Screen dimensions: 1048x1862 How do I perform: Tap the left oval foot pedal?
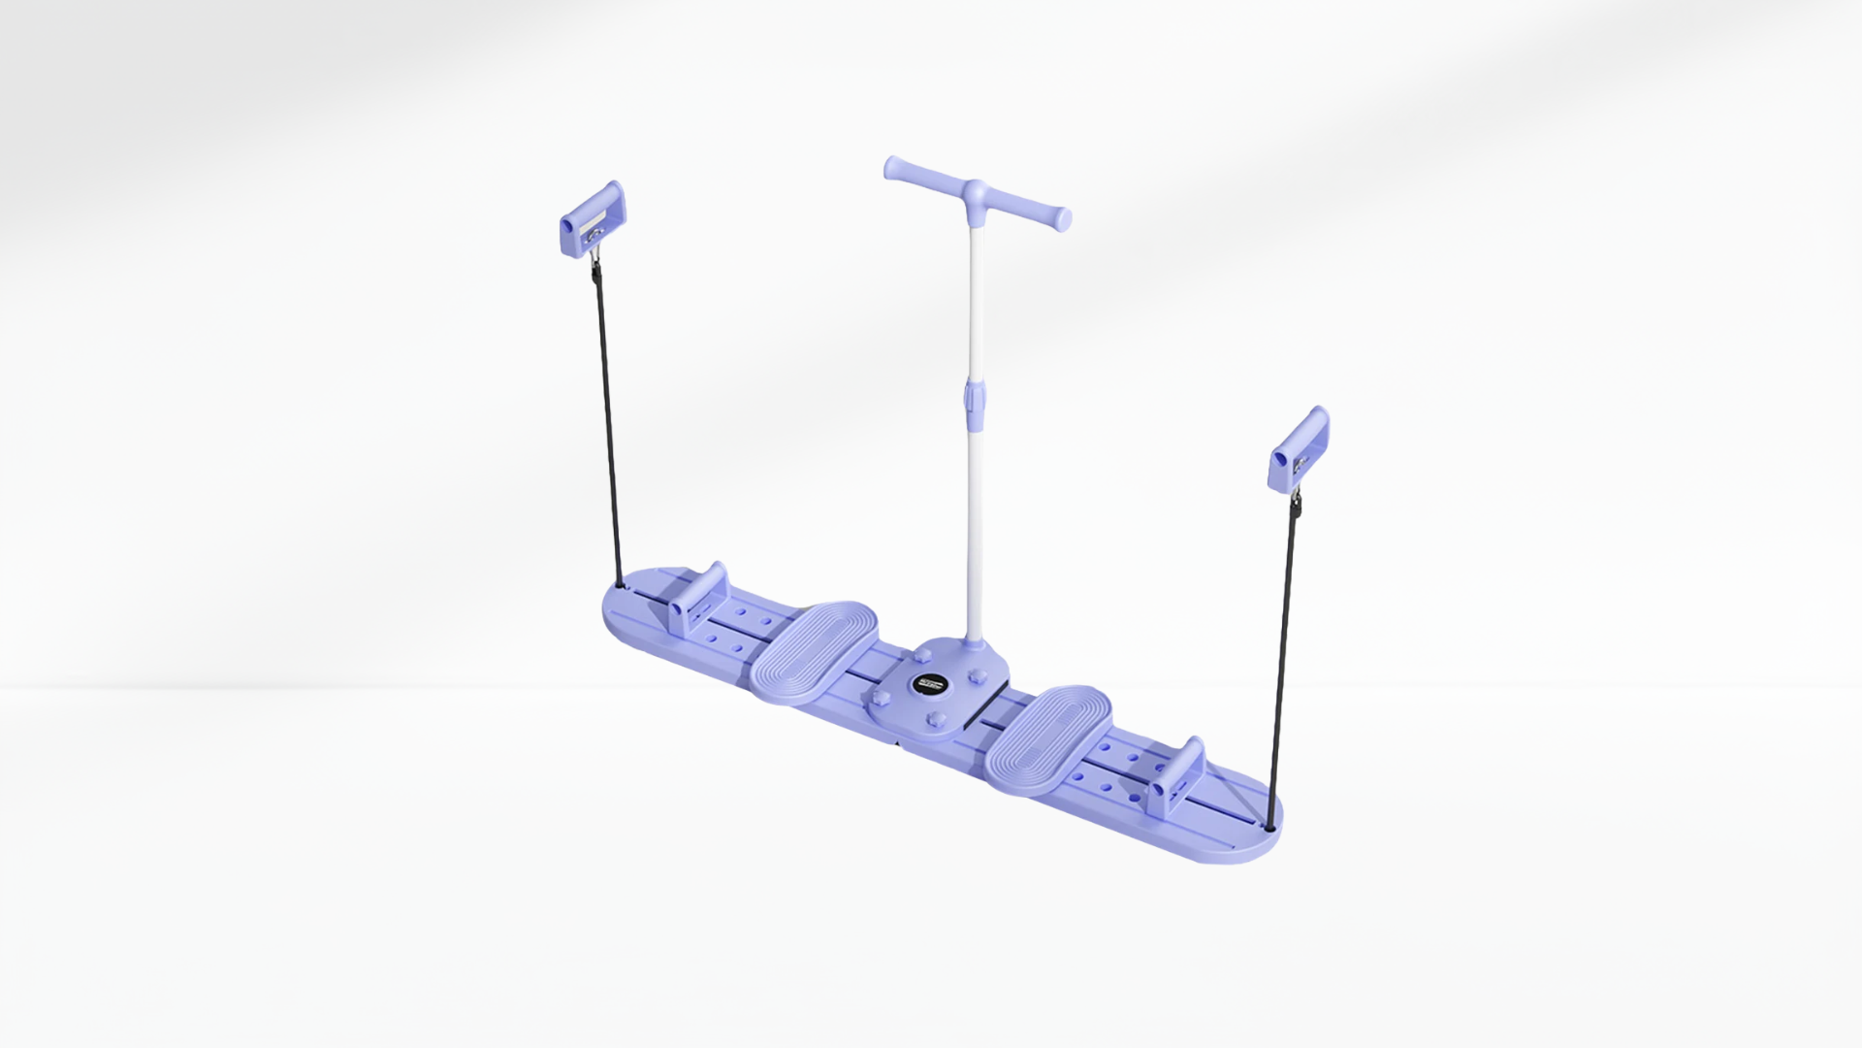[x=816, y=651]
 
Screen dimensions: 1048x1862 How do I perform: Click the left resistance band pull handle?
[x=593, y=219]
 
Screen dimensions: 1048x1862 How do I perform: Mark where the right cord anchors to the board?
[x=1270, y=828]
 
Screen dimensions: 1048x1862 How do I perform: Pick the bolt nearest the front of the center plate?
[x=938, y=719]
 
